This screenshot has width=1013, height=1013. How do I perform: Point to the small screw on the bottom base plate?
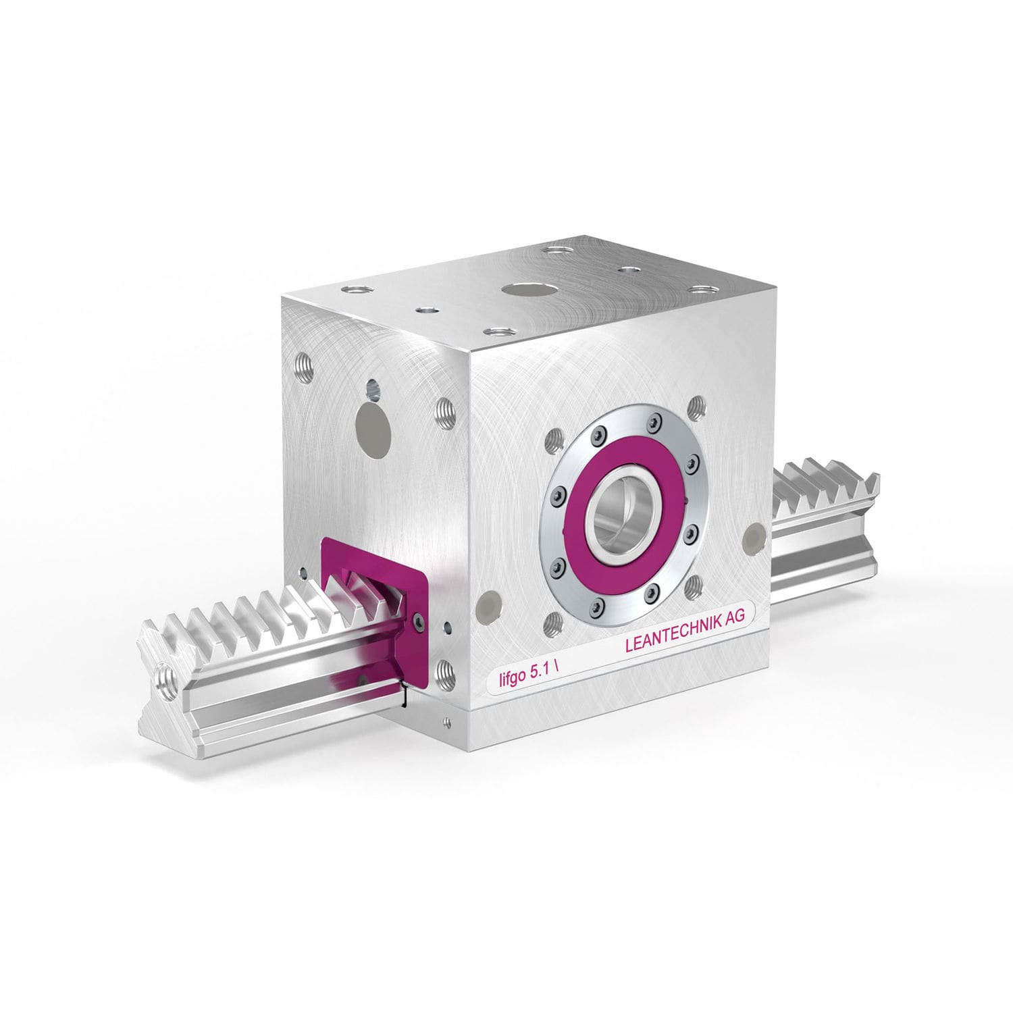pyautogui.click(x=446, y=726)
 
